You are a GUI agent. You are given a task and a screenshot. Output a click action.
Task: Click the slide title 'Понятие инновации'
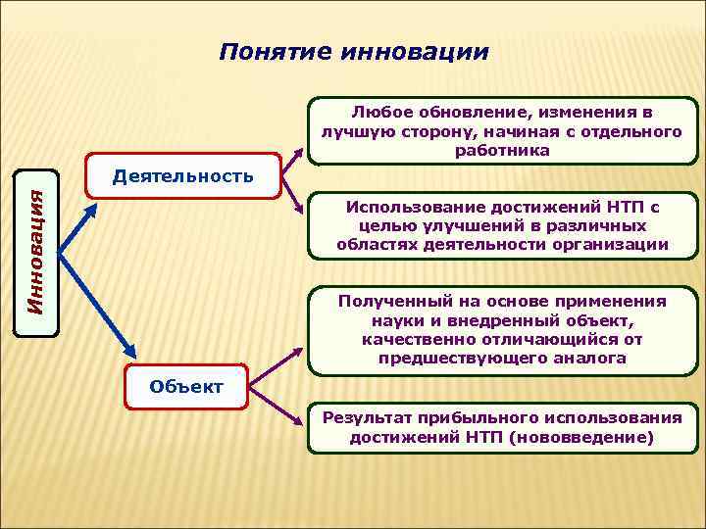(x=353, y=51)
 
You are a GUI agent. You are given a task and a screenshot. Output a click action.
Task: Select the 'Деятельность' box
(x=183, y=176)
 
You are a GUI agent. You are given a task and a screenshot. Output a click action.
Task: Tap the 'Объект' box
(x=186, y=386)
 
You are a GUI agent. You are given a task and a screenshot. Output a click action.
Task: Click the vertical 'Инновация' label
(x=35, y=252)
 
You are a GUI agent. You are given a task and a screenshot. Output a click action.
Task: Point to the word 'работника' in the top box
(x=502, y=151)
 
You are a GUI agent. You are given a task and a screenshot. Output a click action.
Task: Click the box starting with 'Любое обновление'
(x=502, y=131)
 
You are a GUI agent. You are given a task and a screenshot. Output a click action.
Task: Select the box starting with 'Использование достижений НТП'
(x=502, y=225)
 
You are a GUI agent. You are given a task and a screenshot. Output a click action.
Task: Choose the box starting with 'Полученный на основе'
(x=502, y=330)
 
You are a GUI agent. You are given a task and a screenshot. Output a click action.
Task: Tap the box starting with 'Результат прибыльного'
(x=502, y=428)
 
